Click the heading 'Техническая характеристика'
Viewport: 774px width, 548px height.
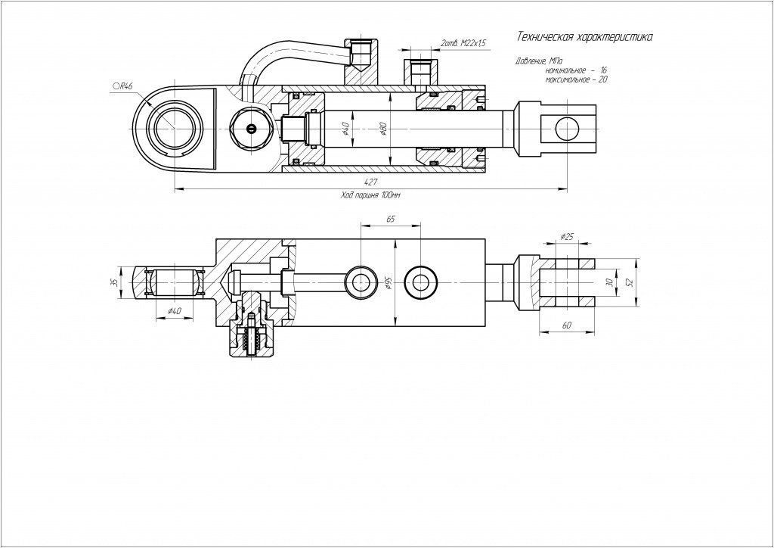(584, 36)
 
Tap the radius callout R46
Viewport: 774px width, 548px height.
(122, 86)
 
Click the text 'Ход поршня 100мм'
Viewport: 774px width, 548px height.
(370, 195)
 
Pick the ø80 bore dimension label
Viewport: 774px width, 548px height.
(384, 130)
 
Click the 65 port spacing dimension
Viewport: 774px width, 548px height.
(391, 219)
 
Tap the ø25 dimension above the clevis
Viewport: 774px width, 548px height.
(567, 237)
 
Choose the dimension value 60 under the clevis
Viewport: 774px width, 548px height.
(566, 324)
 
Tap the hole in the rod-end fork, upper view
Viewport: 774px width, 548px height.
(568, 129)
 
